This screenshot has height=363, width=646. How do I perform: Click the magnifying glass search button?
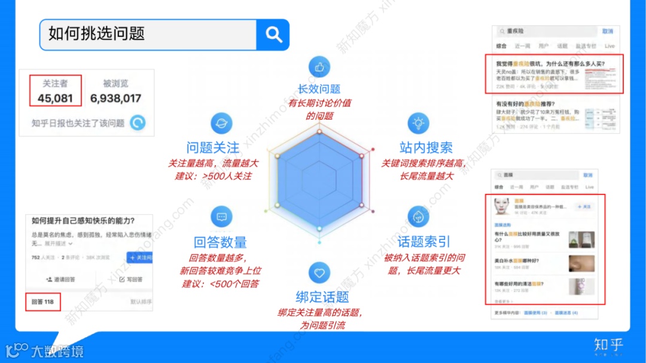(x=273, y=35)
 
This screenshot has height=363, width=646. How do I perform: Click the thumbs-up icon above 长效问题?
(x=319, y=67)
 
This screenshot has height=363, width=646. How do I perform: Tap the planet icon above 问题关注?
(x=221, y=123)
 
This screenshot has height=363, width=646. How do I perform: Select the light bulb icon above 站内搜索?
(x=418, y=123)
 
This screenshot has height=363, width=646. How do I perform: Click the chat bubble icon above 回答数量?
(x=221, y=216)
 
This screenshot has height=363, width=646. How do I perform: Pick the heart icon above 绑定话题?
(x=319, y=273)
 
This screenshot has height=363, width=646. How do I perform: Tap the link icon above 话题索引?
(x=418, y=216)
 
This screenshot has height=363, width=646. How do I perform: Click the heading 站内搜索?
(x=426, y=147)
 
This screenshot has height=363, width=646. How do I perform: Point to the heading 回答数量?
(x=220, y=242)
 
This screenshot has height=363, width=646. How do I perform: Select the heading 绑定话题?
(x=322, y=297)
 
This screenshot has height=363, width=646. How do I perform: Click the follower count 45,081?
(x=55, y=99)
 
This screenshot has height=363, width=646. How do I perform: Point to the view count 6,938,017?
(x=115, y=99)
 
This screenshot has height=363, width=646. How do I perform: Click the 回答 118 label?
(x=43, y=302)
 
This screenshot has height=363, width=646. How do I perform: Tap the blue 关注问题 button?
(x=140, y=258)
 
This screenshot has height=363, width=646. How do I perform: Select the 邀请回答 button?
(x=60, y=279)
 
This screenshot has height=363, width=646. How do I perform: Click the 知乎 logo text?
(x=608, y=344)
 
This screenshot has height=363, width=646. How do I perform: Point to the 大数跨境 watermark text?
(x=57, y=351)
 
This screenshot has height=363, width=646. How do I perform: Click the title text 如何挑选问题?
(x=96, y=34)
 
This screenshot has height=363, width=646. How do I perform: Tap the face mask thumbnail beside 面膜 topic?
(x=502, y=207)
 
